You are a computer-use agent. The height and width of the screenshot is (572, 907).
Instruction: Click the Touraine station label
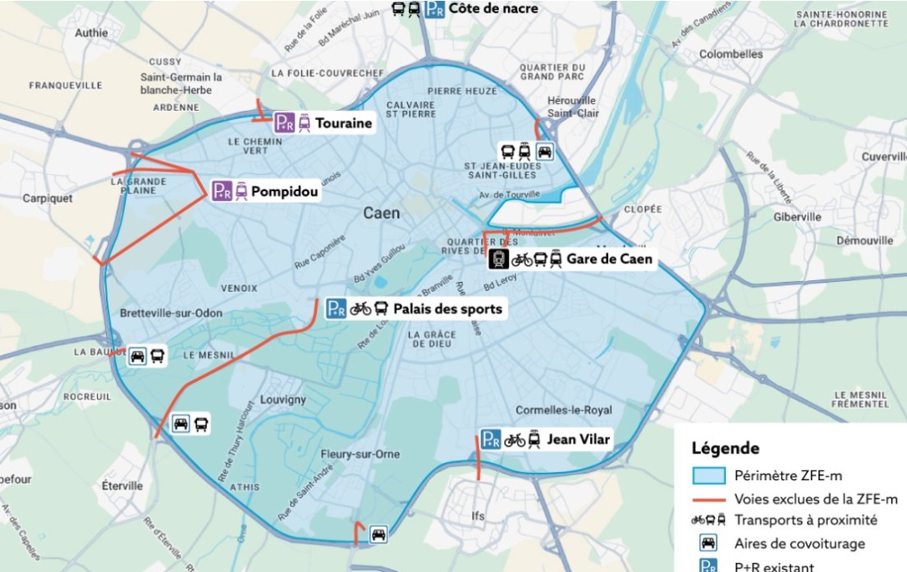(x=343, y=123)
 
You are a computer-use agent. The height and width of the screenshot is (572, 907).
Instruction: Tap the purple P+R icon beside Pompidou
(x=221, y=191)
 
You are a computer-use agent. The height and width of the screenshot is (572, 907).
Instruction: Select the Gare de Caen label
(x=609, y=259)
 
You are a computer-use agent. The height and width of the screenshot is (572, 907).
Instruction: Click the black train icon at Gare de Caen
(x=499, y=259)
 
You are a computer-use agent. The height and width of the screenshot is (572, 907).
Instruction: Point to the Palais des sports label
(x=447, y=309)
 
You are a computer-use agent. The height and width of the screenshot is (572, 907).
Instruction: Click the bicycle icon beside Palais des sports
(x=360, y=309)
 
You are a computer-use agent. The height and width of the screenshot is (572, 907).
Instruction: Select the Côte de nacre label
(x=493, y=8)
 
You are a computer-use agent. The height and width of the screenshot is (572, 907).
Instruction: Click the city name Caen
(x=381, y=213)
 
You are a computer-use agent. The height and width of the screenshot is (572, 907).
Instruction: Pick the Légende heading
(x=725, y=449)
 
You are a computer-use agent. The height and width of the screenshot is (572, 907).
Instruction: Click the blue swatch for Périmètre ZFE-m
(x=708, y=476)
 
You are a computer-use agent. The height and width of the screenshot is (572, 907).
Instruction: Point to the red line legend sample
(x=708, y=499)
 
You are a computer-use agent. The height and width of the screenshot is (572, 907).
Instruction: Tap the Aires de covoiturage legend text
(x=799, y=544)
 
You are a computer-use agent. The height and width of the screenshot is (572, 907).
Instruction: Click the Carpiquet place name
(x=48, y=198)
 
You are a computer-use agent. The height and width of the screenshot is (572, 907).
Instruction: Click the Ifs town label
(x=477, y=516)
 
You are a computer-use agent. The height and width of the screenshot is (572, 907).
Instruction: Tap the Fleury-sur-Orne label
(x=360, y=454)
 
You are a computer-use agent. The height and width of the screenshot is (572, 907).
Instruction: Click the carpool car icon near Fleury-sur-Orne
(x=378, y=534)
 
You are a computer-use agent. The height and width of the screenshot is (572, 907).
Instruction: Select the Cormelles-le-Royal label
(x=563, y=410)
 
